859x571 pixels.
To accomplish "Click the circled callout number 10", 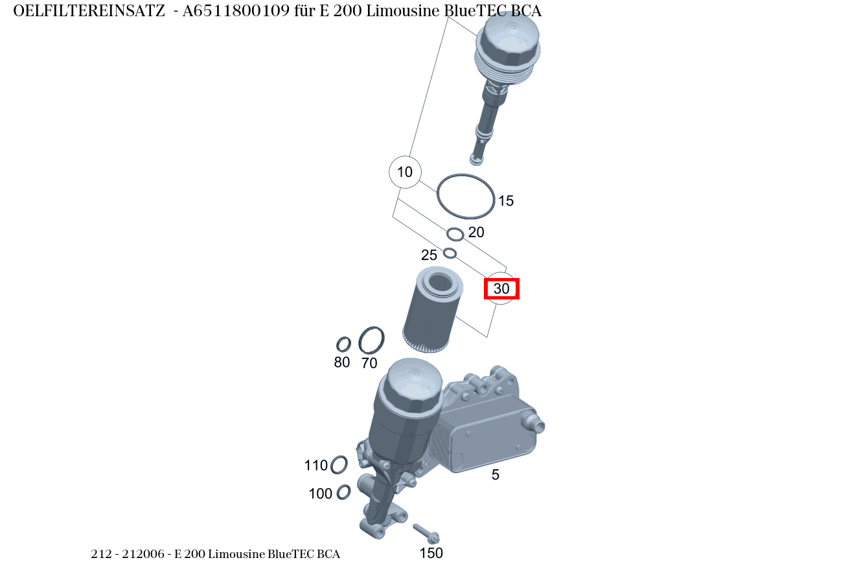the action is (x=405, y=172).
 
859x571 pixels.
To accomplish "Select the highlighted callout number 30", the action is (x=502, y=289).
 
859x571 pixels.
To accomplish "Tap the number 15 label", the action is (x=505, y=201).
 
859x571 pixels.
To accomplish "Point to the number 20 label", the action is (x=476, y=232).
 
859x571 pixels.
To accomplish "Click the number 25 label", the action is (x=429, y=255).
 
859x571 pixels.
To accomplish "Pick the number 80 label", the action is (x=342, y=362).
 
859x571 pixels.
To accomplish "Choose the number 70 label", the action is (x=369, y=364).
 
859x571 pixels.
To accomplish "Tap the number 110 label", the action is (x=316, y=465).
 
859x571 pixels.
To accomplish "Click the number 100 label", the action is (x=320, y=494).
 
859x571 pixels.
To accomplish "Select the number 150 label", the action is (x=431, y=553).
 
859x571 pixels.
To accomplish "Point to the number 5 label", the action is (x=496, y=475).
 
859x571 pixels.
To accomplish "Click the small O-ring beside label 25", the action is (x=450, y=253).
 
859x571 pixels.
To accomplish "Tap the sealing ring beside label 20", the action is (x=455, y=233).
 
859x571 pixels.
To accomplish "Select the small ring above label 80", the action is (x=343, y=344).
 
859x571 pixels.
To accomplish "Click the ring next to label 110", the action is (x=339, y=465).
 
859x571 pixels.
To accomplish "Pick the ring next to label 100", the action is (x=344, y=492).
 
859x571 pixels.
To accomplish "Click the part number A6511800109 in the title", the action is (x=236, y=11).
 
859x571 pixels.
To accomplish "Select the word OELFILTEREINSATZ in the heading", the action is (x=89, y=11).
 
